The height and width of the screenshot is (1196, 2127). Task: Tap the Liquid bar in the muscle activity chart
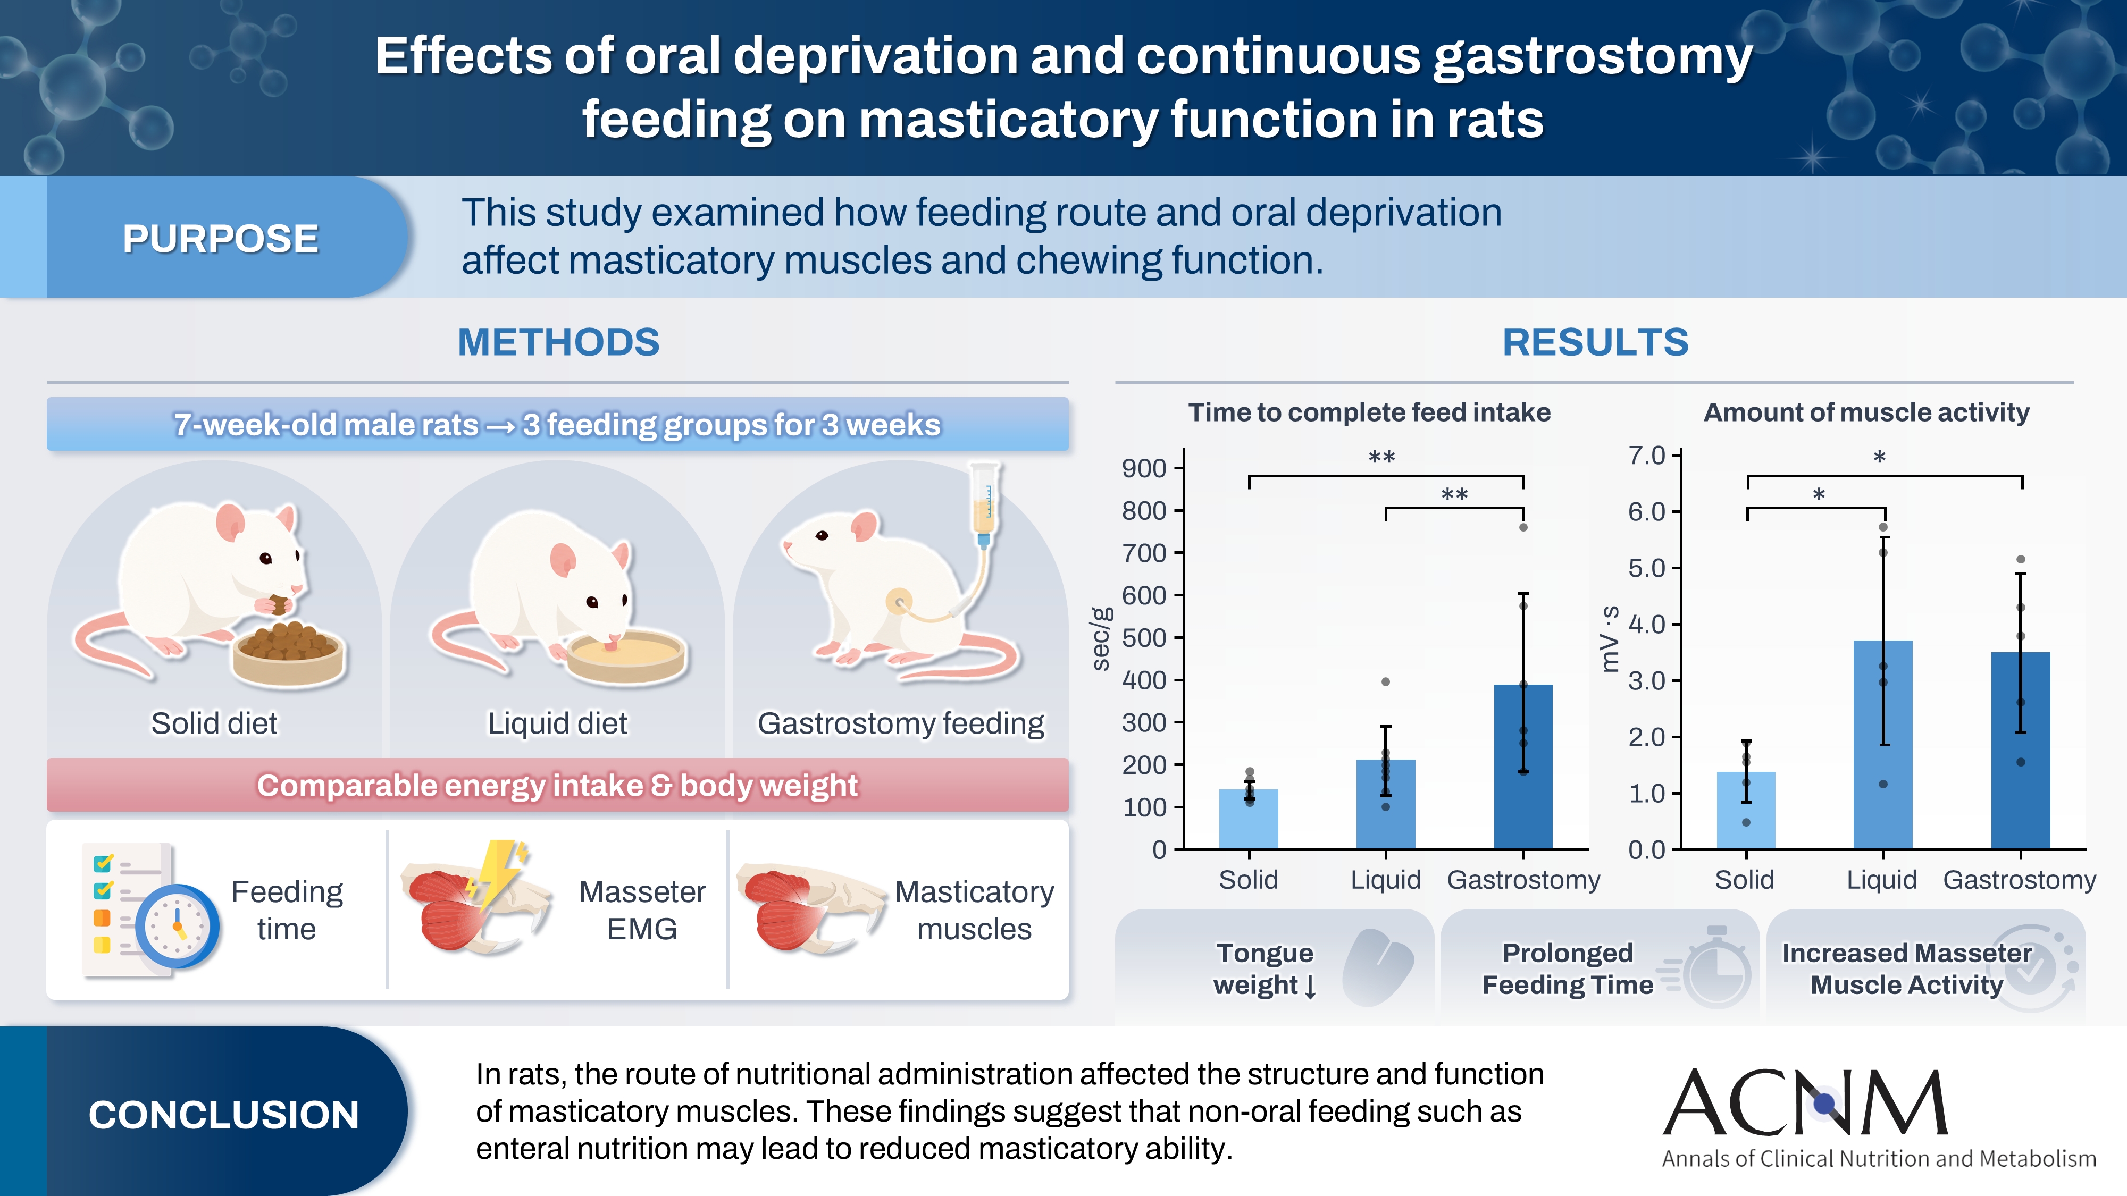(x=1882, y=745)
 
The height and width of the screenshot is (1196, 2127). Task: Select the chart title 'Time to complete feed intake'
(x=1369, y=412)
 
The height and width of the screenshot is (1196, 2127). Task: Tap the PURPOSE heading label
(x=221, y=239)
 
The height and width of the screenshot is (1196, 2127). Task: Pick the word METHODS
(x=559, y=342)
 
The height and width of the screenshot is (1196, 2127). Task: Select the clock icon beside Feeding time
(x=178, y=925)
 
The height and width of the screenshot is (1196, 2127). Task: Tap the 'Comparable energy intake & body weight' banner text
(x=557, y=785)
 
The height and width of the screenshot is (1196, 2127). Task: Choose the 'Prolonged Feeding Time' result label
(x=1567, y=968)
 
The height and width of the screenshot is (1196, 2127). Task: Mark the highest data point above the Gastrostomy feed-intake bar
(x=1523, y=527)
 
